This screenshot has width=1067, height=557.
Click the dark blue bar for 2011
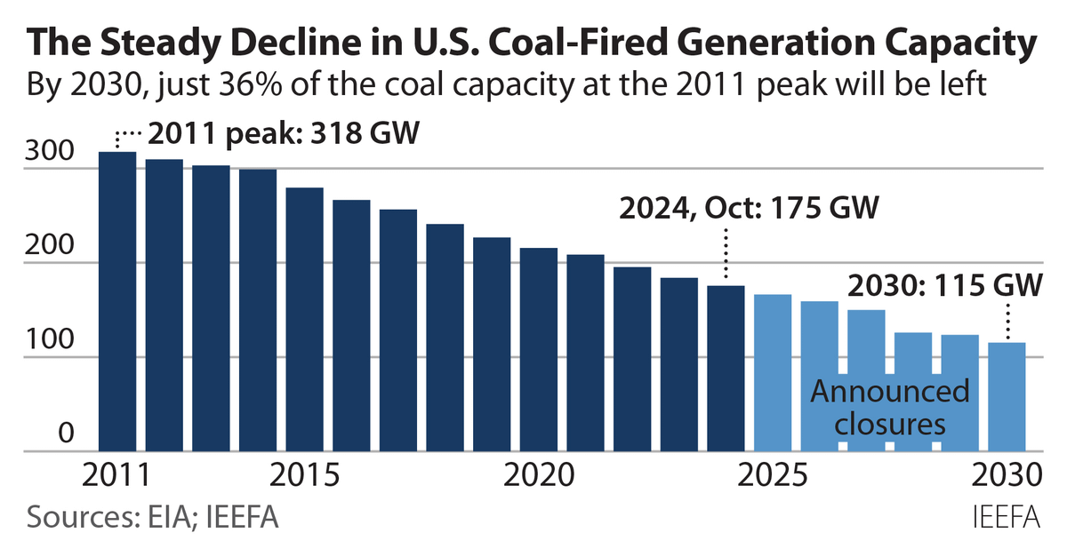[x=116, y=302]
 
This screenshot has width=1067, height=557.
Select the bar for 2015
[x=304, y=320]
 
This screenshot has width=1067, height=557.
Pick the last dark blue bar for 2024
[x=726, y=368]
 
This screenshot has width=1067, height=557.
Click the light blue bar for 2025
[x=772, y=373]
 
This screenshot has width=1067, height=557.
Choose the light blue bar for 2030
[x=1007, y=396]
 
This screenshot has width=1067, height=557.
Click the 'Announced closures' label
[x=890, y=408]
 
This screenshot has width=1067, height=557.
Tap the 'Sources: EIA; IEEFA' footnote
[x=152, y=518]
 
